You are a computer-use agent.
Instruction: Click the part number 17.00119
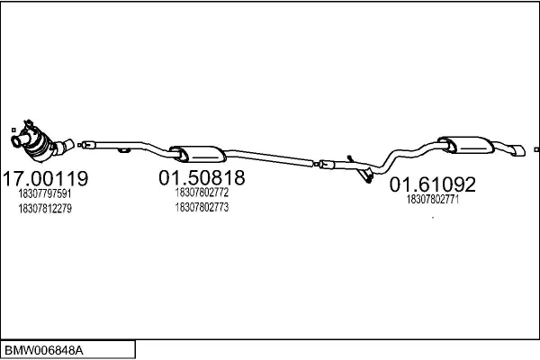[46, 178]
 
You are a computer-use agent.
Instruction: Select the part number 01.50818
[202, 178]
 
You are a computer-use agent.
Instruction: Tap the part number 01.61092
[433, 184]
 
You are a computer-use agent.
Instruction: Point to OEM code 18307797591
[45, 193]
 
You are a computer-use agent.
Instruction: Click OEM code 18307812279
[45, 209]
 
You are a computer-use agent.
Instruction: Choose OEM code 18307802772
[202, 193]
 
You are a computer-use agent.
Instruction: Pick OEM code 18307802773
[202, 207]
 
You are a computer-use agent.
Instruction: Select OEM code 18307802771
[433, 199]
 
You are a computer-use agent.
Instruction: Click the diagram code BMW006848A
[44, 351]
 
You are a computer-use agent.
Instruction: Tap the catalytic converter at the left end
[40, 143]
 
